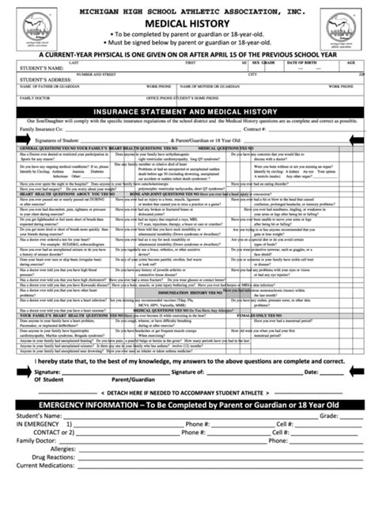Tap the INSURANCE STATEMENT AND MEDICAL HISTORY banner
187,112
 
